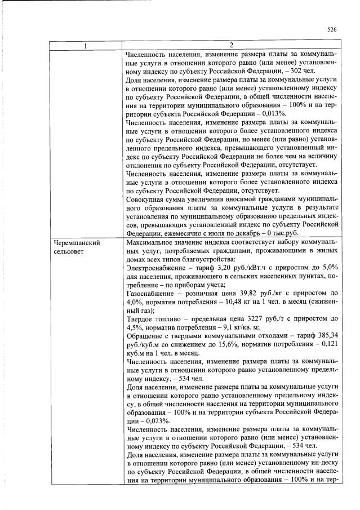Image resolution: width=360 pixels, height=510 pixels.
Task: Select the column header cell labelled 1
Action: (86, 45)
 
